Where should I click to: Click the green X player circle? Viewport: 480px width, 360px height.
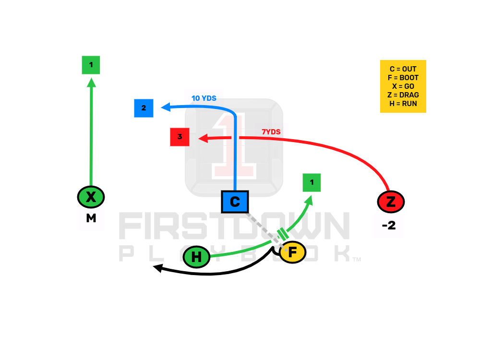pos(91,196)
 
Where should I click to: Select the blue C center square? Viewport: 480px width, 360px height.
pos(235,202)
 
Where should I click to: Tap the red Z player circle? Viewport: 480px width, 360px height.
pos(391,202)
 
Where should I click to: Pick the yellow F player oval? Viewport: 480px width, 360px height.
pos(292,252)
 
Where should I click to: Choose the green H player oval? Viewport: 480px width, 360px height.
pos(196,257)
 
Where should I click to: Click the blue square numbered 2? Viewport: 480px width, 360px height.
pos(144,108)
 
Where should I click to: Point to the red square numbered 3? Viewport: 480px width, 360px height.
pos(180,137)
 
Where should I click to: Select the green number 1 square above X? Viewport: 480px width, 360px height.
pos(91,65)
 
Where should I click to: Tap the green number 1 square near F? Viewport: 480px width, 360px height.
pos(312,182)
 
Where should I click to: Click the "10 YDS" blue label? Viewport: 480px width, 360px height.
pos(204,98)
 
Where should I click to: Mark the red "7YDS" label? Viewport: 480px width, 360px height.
pos(271,132)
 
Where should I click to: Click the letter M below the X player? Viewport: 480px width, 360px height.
pos(91,218)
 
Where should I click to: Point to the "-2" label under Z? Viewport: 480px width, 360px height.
pos(388,225)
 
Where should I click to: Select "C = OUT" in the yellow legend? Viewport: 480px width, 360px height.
pos(403,69)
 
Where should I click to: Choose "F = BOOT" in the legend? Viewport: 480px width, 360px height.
pos(403,78)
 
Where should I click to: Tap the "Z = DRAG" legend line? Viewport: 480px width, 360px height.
pos(403,95)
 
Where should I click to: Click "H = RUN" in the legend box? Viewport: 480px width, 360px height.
pos(403,103)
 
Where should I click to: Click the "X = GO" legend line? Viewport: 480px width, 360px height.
pos(403,86)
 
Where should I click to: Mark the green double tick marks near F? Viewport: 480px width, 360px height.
pos(282,234)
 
